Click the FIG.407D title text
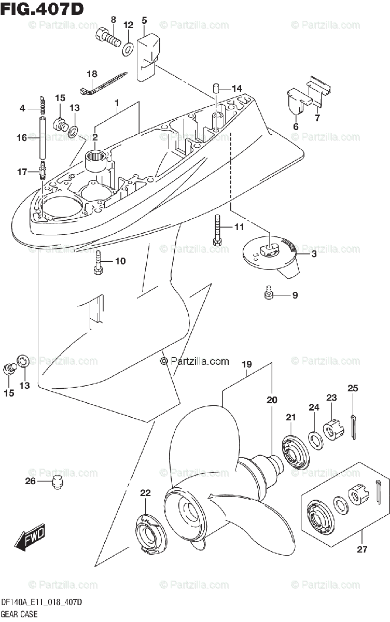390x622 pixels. pos(42,9)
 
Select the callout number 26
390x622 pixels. pos(30,481)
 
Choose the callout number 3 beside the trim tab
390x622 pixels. pos(314,254)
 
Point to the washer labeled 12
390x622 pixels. pos(127,49)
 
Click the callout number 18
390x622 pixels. pos(92,74)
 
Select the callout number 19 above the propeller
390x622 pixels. pos(246,364)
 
